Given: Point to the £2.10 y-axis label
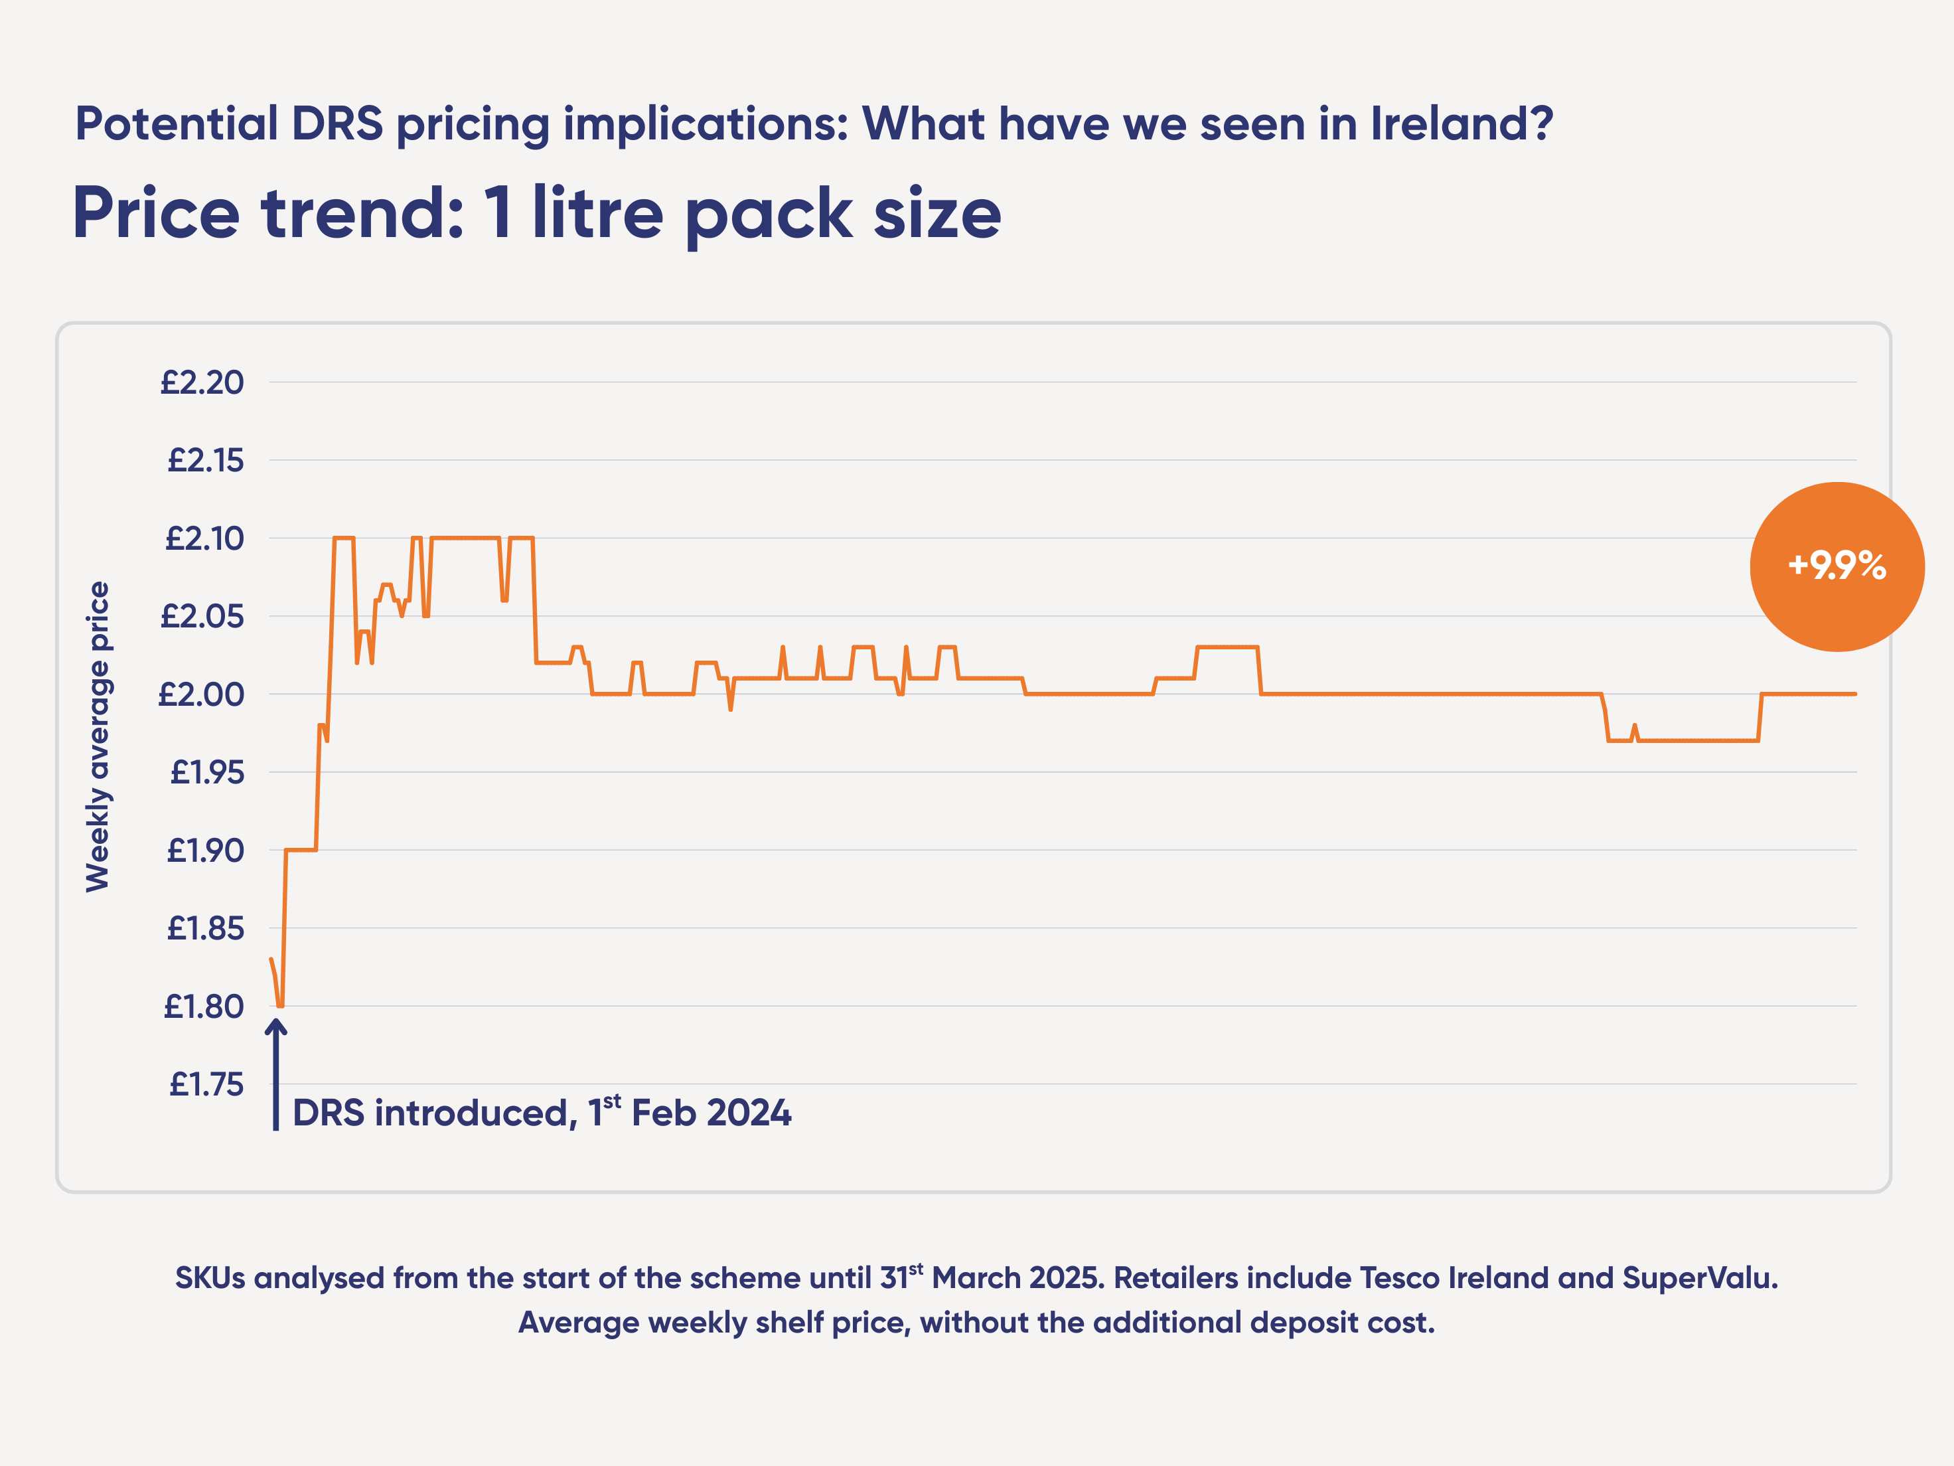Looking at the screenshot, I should click(x=204, y=538).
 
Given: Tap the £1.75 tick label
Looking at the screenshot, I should click(x=206, y=1084).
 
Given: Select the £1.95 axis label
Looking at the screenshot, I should click(x=206, y=772).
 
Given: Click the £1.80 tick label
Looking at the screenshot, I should click(x=203, y=1007).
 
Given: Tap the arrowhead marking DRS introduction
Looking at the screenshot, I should click(x=275, y=1027).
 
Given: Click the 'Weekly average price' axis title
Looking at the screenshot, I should click(x=98, y=736).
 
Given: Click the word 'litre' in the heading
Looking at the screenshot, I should click(x=597, y=213).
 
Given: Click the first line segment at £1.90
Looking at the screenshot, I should click(x=301, y=850).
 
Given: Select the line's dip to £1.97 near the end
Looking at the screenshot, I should click(x=1696, y=740).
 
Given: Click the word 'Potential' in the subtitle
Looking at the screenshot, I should click(x=177, y=123).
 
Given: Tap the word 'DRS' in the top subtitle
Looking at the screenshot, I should click(x=337, y=123).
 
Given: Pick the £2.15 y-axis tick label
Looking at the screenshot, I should click(x=205, y=460).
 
